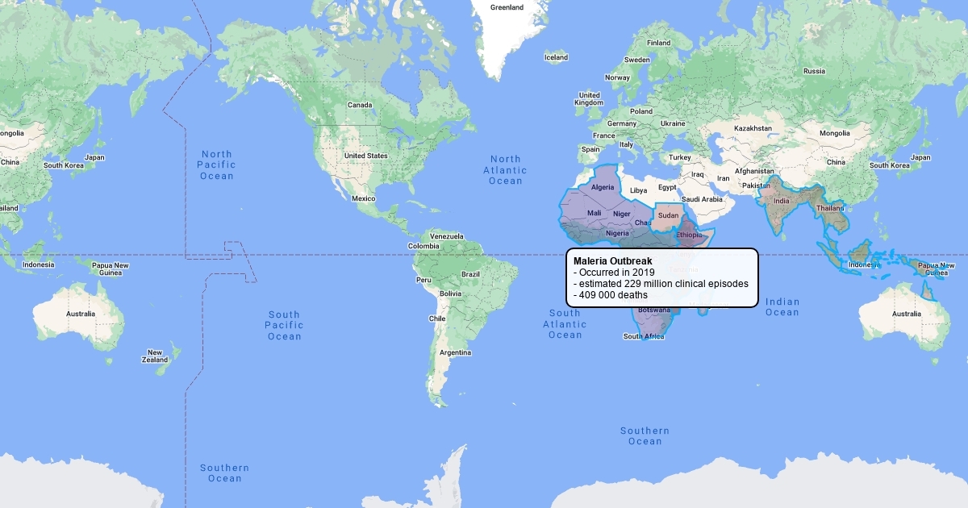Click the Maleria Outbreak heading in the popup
612,261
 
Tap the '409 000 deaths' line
610,295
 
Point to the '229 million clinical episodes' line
661,284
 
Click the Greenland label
507,7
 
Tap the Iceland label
556,57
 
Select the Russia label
814,71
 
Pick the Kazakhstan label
753,128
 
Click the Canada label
360,105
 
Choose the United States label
365,156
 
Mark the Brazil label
470,274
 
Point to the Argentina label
456,352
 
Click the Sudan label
669,216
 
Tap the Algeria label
603,187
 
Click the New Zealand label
155,356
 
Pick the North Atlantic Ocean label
506,170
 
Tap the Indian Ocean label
782,307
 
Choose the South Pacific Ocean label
285,325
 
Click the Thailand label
831,208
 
